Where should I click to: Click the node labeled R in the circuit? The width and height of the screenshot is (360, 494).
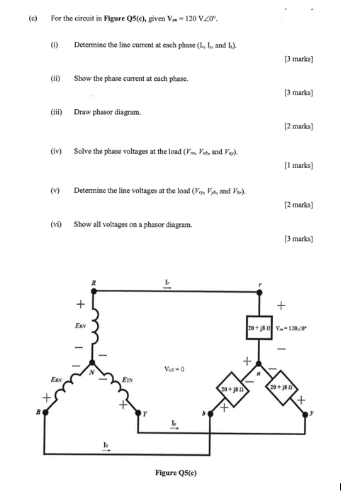tap(94, 290)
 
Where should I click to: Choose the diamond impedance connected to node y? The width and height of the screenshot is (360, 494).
tap(287, 391)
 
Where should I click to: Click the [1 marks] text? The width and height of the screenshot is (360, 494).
tap(300, 164)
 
